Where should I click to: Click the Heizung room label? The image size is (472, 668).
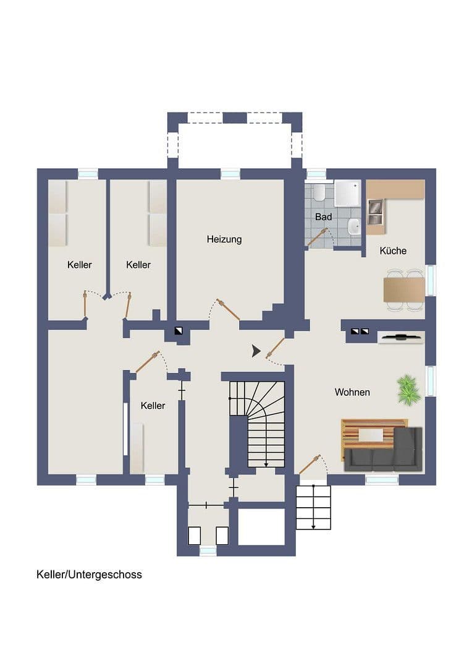click(x=224, y=239)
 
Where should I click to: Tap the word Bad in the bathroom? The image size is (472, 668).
click(x=323, y=217)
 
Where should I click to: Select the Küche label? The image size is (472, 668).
click(x=393, y=250)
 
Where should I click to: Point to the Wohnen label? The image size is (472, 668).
click(x=352, y=392)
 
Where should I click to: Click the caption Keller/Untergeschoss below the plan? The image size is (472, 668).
click(x=89, y=575)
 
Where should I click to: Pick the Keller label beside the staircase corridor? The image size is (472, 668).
click(x=153, y=406)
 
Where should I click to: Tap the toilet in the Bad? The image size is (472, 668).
click(x=319, y=194)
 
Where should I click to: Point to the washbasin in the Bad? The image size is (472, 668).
click(x=353, y=227)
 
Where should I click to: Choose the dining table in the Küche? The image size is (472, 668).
click(x=404, y=289)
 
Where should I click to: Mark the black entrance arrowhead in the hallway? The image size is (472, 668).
click(x=256, y=352)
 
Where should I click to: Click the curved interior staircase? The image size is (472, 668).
click(x=258, y=424)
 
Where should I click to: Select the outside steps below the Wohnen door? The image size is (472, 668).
click(x=313, y=507)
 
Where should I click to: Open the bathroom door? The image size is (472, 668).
click(x=318, y=237)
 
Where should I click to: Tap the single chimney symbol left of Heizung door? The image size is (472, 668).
click(x=179, y=331)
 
